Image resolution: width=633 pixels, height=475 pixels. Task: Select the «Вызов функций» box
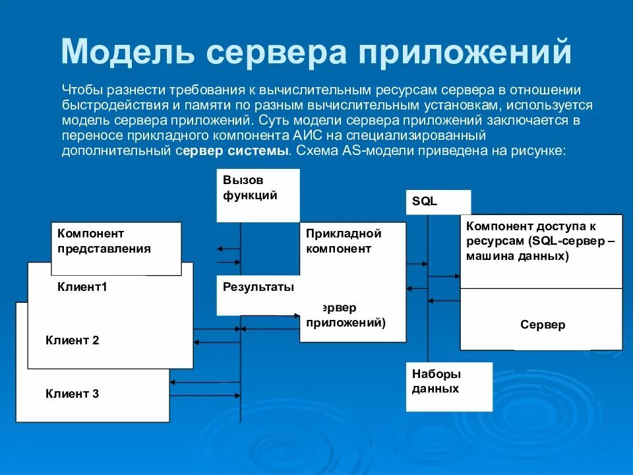click(x=258, y=195)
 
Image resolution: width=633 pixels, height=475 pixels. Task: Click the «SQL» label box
click(x=438, y=202)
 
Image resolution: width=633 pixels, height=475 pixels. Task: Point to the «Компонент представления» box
click(x=116, y=248)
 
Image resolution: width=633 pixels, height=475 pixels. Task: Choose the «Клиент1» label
click(x=82, y=286)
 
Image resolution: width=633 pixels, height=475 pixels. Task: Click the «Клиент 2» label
click(x=73, y=340)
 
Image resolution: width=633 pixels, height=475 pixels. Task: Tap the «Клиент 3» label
click(x=73, y=394)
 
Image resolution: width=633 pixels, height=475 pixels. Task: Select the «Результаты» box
click(x=258, y=295)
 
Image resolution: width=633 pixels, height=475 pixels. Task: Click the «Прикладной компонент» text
click(x=344, y=241)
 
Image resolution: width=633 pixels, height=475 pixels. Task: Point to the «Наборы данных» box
click(x=448, y=387)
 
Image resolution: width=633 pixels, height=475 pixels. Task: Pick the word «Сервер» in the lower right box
click(x=542, y=325)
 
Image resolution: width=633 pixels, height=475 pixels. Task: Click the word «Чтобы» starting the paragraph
click(x=80, y=90)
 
